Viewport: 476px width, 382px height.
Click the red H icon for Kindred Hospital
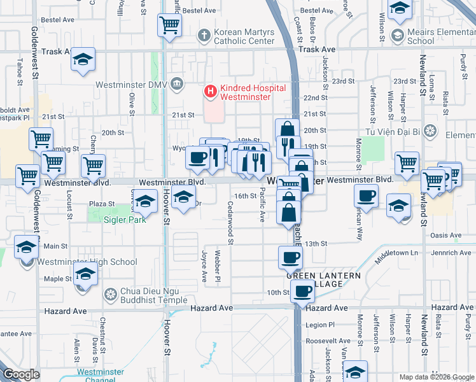click(x=210, y=92)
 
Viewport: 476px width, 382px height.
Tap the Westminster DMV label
click(x=130, y=84)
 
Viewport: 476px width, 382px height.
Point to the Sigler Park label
click(x=125, y=220)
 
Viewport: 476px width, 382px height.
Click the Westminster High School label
click(x=87, y=262)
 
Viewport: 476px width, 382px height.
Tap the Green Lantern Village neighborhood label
click(x=323, y=279)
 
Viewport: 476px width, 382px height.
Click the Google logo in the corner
click(x=22, y=374)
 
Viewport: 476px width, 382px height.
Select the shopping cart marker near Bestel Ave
click(x=171, y=25)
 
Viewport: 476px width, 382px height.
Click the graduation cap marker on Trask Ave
click(x=83, y=60)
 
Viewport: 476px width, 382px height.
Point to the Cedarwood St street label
click(x=230, y=223)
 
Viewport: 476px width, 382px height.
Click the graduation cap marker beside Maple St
click(x=84, y=275)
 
